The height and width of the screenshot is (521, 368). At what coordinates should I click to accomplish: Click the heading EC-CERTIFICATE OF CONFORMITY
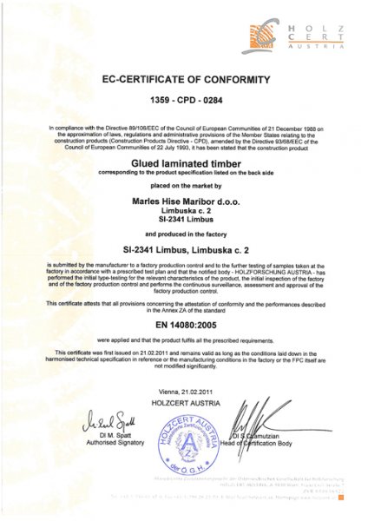[x=183, y=79]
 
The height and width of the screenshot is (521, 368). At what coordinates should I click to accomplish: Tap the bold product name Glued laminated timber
[x=183, y=162]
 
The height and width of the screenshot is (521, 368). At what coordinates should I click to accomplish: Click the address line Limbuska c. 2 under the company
[x=183, y=210]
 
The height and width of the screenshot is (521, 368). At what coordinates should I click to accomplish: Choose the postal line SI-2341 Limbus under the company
[x=183, y=221]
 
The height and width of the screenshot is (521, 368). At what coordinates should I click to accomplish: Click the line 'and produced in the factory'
[x=183, y=235]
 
